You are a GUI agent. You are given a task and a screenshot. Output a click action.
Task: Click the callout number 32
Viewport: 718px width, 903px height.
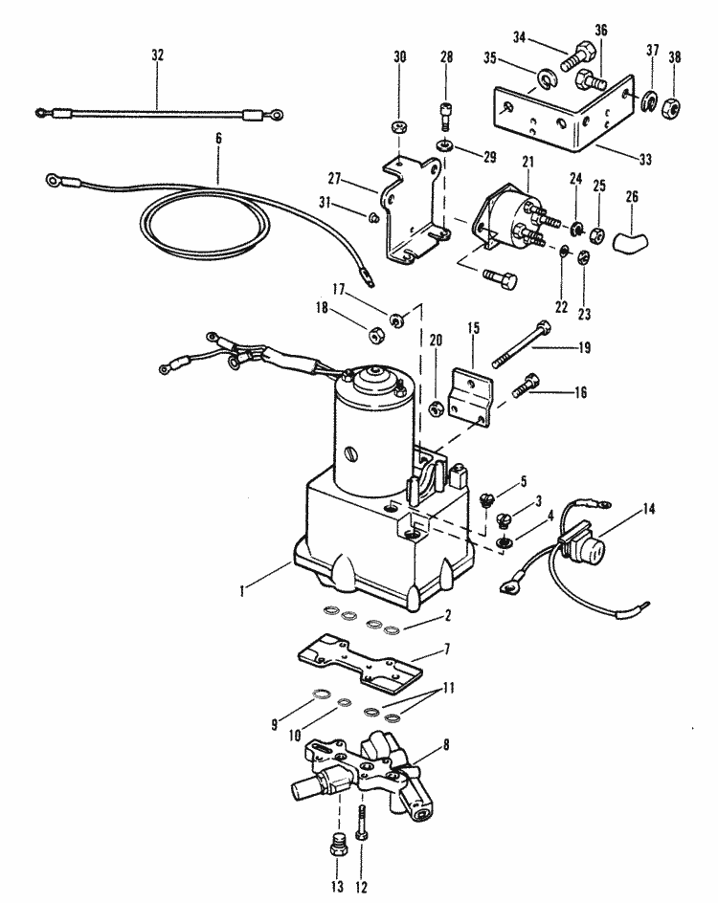[x=157, y=55]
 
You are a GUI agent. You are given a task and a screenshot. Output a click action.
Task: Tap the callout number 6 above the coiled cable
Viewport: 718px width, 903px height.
[x=218, y=139]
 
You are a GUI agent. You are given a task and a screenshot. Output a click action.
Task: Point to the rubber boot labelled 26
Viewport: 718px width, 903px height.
[x=624, y=234]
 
